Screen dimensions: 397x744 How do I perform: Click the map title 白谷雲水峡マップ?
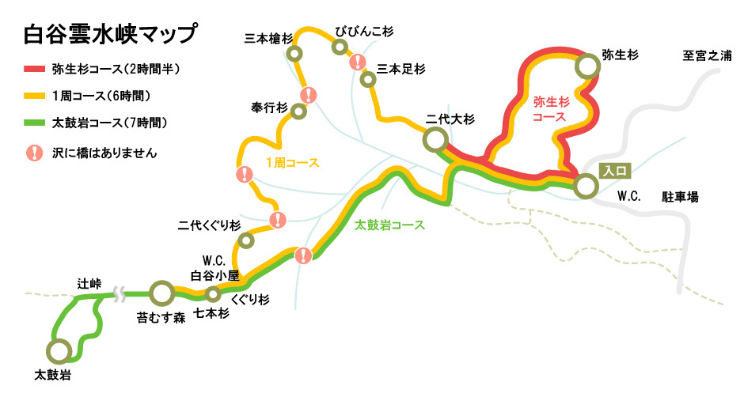pyautogui.click(x=110, y=36)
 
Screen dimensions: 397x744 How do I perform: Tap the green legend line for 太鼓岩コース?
pyautogui.click(x=35, y=123)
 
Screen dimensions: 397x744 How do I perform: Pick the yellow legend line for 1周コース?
pyautogui.click(x=35, y=96)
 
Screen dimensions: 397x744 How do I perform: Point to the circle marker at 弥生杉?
pyautogui.click(x=586, y=66)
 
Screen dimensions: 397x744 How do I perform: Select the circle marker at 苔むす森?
pyautogui.click(x=161, y=293)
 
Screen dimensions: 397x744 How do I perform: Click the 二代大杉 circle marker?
pyautogui.click(x=435, y=141)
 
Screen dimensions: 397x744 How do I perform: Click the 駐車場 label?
pyautogui.click(x=680, y=196)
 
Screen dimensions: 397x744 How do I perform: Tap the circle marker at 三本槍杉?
pyautogui.click(x=295, y=54)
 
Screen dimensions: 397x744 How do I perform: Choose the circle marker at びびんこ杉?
pyautogui.click(x=340, y=47)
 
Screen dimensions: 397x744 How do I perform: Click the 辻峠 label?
pyautogui.click(x=89, y=282)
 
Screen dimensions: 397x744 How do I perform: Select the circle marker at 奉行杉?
pyautogui.click(x=298, y=112)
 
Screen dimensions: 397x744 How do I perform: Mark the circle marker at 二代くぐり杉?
pyautogui.click(x=246, y=240)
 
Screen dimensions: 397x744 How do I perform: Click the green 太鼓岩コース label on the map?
pyautogui.click(x=389, y=225)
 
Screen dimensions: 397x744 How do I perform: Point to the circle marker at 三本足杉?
pyautogui.click(x=367, y=79)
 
